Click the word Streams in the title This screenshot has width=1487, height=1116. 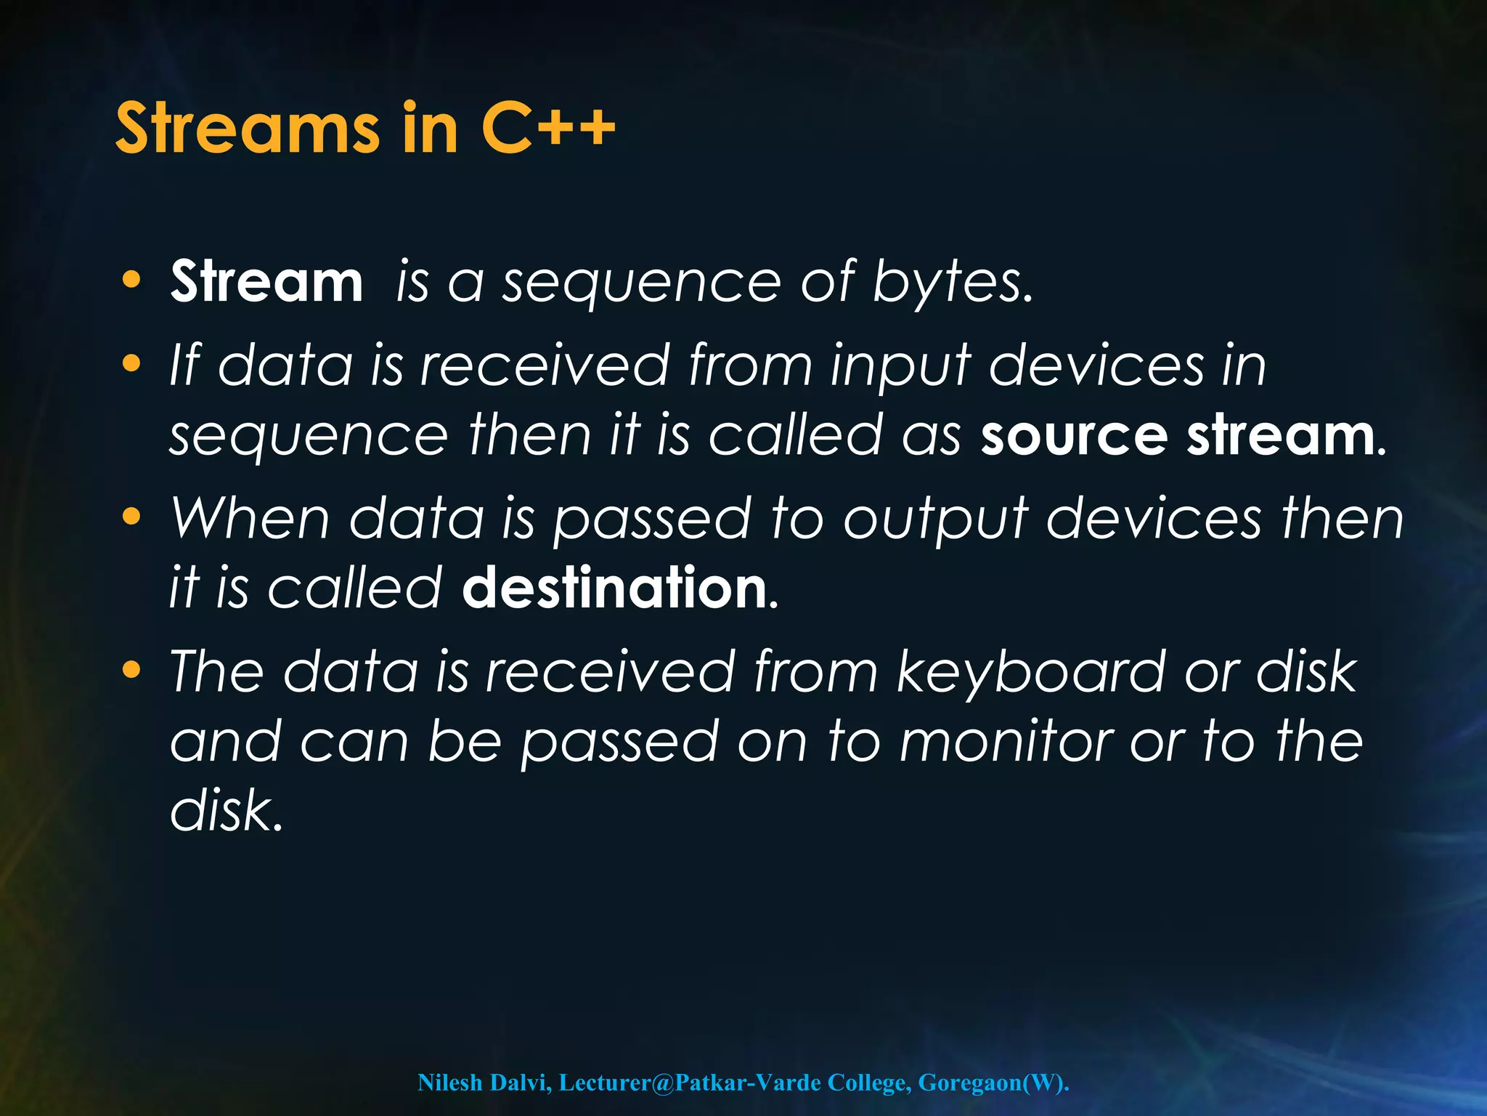(x=247, y=129)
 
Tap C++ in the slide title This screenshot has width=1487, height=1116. (x=547, y=129)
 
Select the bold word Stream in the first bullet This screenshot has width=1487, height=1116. (x=266, y=282)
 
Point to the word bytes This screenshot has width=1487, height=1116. (x=951, y=283)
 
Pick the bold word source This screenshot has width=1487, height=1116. (x=1074, y=436)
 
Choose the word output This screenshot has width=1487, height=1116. (x=936, y=520)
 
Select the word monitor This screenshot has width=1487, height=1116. (x=1006, y=743)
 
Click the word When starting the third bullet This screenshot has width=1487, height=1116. (x=250, y=519)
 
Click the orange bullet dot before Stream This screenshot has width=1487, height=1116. (x=131, y=280)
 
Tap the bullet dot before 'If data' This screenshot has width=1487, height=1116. (x=131, y=363)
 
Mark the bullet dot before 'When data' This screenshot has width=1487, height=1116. (x=131, y=517)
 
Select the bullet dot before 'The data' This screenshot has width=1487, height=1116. (x=131, y=671)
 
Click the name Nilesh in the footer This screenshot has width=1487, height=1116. (x=449, y=1083)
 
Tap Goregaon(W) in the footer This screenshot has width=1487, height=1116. (x=994, y=1083)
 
